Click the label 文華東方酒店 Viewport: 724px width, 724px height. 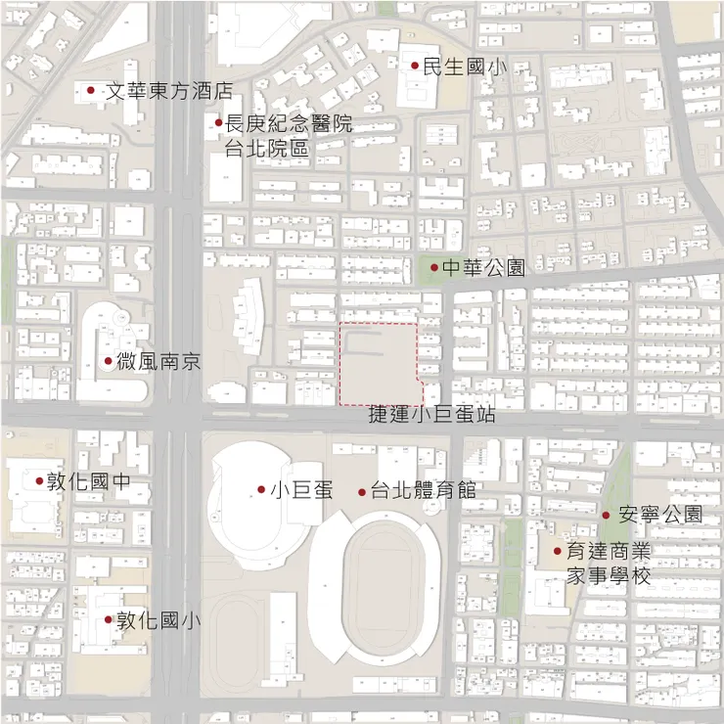pyautogui.click(x=169, y=91)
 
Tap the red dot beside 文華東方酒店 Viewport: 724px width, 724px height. pyautogui.click(x=91, y=90)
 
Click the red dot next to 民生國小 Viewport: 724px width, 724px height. pyautogui.click(x=415, y=67)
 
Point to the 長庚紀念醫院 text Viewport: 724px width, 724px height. pyautogui.click(x=289, y=124)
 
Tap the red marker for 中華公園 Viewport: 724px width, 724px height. pyautogui.click(x=433, y=266)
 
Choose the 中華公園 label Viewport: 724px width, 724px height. pyautogui.click(x=483, y=267)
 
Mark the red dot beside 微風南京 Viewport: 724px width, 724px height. pyautogui.click(x=108, y=361)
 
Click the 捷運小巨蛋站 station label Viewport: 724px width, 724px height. pyautogui.click(x=431, y=415)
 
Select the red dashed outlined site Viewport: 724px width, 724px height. pyautogui.click(x=378, y=362)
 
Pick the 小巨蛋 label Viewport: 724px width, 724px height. pyautogui.click(x=302, y=490)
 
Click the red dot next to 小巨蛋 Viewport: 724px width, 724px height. pyautogui.click(x=261, y=489)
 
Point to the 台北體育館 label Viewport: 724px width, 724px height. pyautogui.click(x=424, y=490)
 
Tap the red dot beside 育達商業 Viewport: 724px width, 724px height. pyautogui.click(x=557, y=551)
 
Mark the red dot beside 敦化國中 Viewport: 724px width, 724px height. pyautogui.click(x=39, y=480)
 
